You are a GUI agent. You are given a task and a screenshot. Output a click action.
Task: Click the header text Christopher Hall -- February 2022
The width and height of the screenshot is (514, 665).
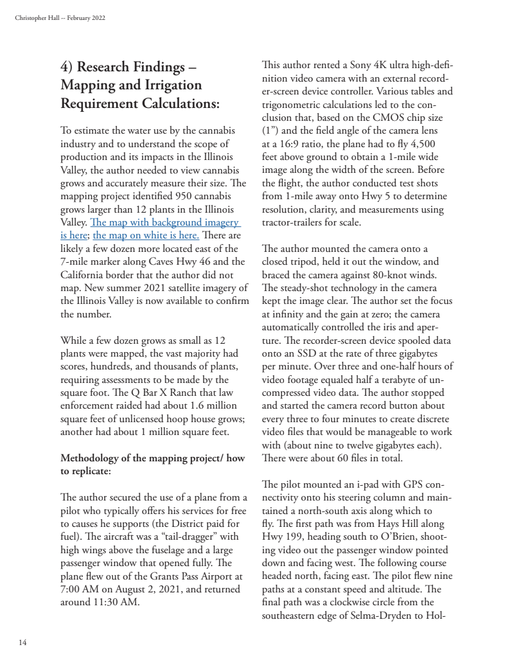pos(60,17)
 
